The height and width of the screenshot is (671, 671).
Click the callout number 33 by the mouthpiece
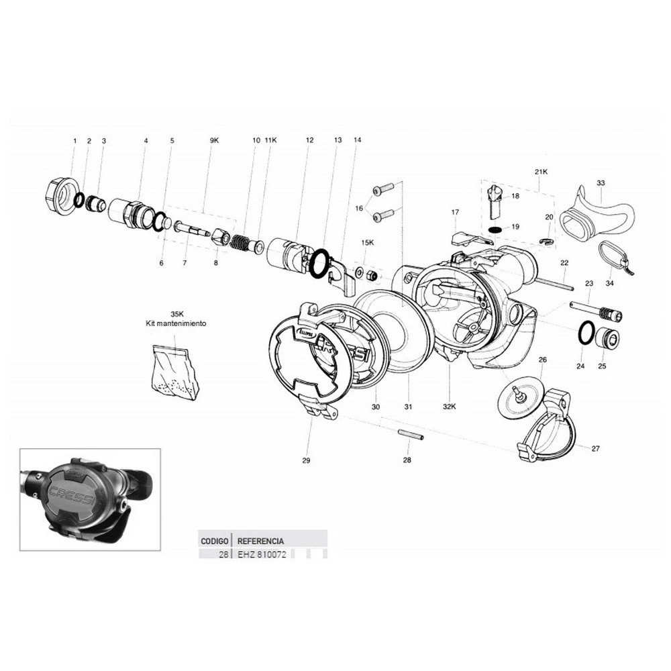(x=601, y=183)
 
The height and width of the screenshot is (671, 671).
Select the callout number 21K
(x=541, y=172)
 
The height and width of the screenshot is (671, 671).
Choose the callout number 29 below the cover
(x=306, y=460)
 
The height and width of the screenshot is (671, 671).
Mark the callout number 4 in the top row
(x=146, y=140)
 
